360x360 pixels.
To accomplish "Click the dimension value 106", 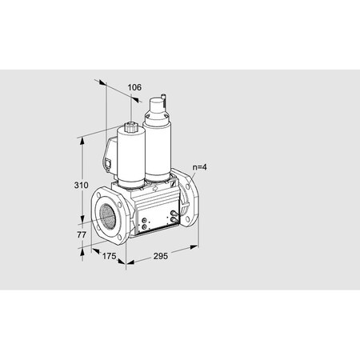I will point(134,87).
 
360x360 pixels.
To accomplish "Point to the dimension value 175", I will point(109,257).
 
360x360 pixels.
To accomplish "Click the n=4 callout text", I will point(200,168).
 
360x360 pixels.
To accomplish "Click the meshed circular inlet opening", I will point(106,214).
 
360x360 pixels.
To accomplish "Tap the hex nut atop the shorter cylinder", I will point(130,126).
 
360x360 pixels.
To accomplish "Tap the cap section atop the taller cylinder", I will point(156,108).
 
